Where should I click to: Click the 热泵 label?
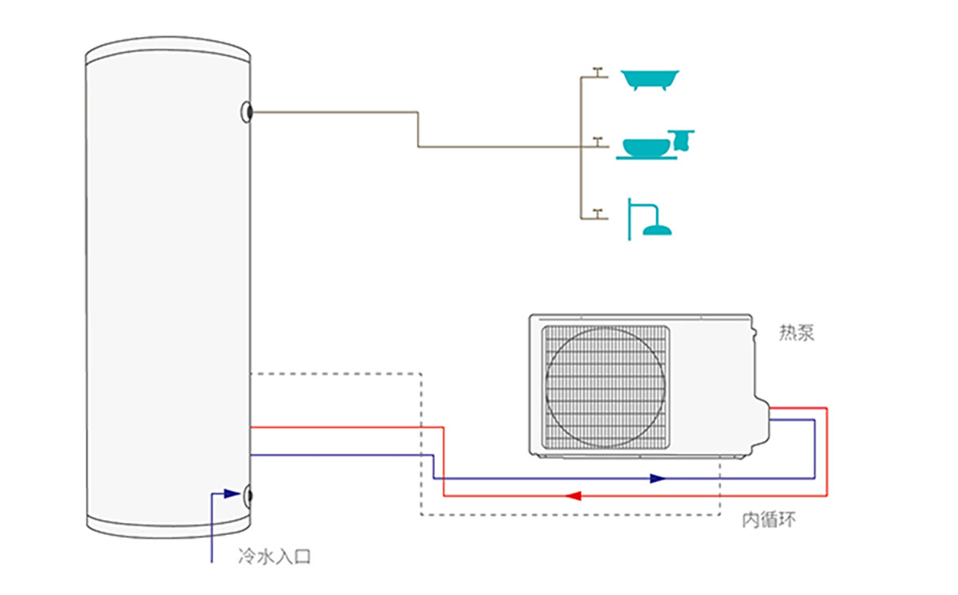click(x=796, y=333)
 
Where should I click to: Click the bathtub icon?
click(x=650, y=79)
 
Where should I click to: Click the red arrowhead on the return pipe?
click(x=575, y=496)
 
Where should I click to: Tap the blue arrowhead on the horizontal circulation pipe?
click(x=657, y=478)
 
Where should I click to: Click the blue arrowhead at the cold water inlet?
click(x=232, y=494)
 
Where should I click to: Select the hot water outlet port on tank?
click(x=248, y=112)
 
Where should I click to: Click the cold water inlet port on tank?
click(x=249, y=495)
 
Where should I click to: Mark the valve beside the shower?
click(x=598, y=212)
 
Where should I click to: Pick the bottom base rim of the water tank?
click(x=168, y=528)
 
